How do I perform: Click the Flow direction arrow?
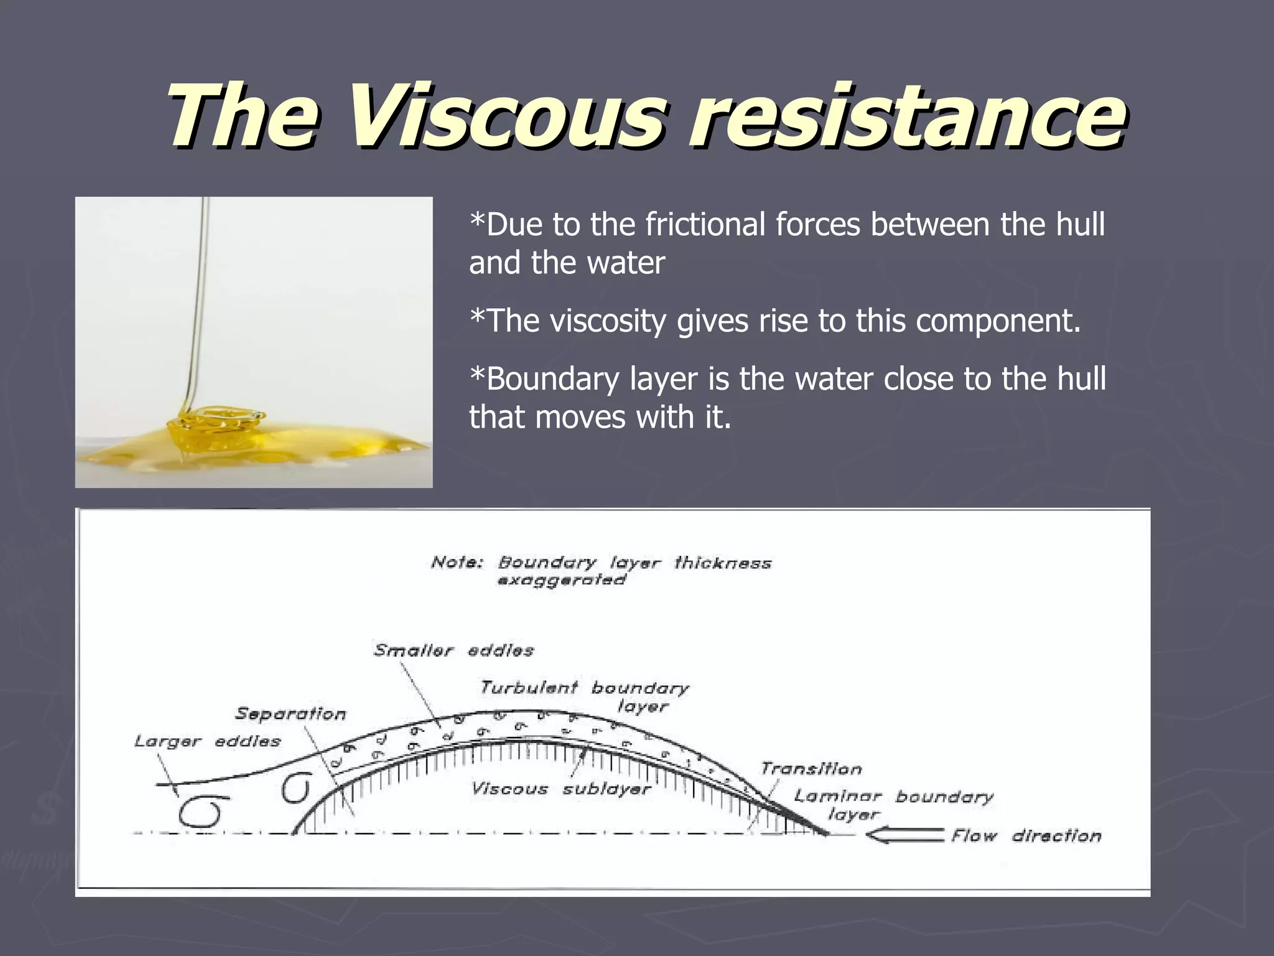905,835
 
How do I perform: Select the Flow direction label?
1026,835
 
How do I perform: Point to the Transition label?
811,769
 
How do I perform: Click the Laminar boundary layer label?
893,804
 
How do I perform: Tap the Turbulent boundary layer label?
584,696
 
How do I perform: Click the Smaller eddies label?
453,650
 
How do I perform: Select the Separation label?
291,714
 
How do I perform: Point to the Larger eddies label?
207,741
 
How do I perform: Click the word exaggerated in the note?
561,580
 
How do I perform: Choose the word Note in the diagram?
457,563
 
